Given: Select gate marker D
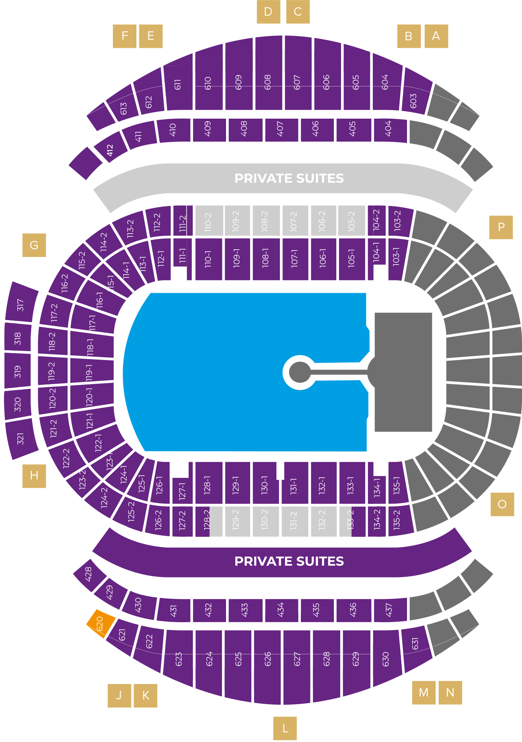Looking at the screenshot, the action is click(268, 12).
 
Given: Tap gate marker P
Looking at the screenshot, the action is click(501, 227).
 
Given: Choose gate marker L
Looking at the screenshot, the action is click(285, 728).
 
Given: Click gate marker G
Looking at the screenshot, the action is click(34, 245).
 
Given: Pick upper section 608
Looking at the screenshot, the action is click(268, 80).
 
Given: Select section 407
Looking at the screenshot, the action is click(281, 129).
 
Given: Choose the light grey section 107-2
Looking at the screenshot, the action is click(294, 221).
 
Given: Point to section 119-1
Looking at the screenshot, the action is click(90, 372).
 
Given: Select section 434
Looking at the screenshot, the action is click(281, 610).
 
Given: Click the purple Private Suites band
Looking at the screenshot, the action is click(289, 561).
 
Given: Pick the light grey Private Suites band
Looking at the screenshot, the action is click(289, 178).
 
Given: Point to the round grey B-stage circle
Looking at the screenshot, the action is click(300, 372).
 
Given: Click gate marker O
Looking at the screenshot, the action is click(502, 504).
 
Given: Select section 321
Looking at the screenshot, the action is click(21, 438).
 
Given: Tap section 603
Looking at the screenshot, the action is click(414, 97).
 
